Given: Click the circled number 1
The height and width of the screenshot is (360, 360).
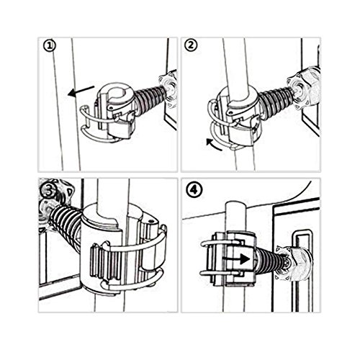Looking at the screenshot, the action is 50,46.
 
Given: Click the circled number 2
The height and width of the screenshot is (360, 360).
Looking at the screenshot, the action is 191,45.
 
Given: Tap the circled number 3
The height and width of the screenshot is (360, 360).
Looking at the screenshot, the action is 48,191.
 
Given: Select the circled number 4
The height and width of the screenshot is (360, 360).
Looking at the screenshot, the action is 194,191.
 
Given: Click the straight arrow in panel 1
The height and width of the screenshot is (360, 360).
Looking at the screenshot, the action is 81,91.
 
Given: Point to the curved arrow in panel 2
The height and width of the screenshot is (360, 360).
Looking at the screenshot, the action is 214,145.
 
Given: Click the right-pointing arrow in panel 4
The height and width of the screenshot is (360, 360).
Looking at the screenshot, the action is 236,259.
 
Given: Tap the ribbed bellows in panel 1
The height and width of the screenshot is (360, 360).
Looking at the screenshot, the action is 149,95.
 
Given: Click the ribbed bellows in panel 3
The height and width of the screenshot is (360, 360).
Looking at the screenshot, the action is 64,228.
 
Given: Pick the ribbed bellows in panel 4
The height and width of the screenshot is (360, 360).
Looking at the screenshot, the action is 267,260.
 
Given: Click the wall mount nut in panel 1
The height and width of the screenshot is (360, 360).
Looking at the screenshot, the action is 168,89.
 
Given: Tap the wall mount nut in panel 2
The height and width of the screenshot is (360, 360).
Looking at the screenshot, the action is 305,88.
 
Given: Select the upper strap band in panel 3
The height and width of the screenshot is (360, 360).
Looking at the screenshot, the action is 135,243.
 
